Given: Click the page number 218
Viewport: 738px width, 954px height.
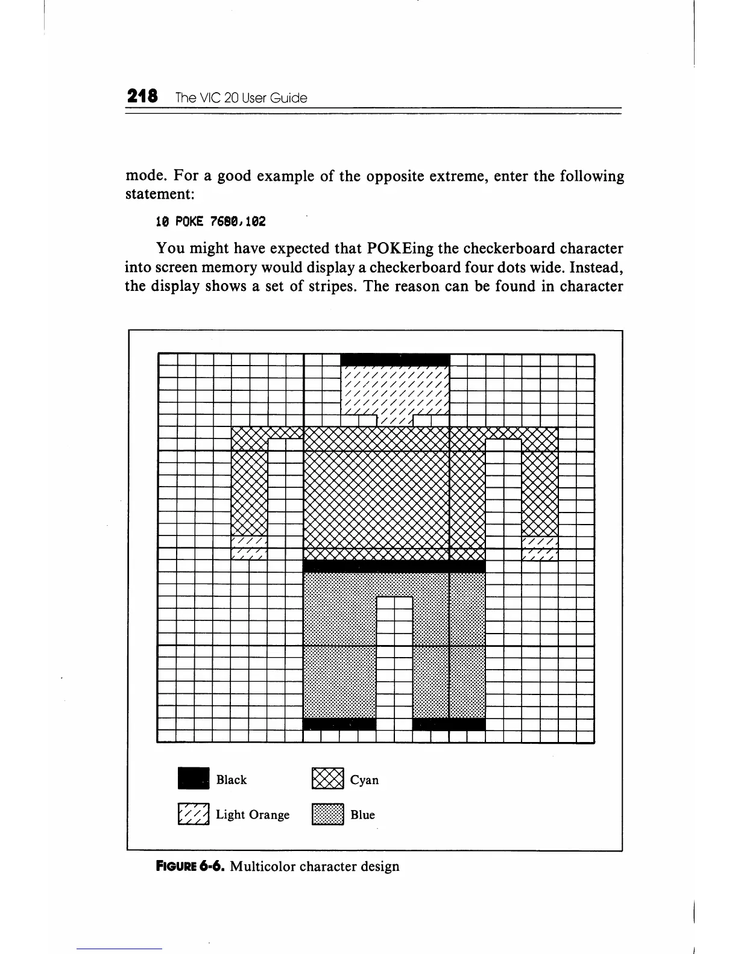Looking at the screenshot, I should click(x=142, y=96).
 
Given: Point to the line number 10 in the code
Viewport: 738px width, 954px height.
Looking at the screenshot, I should click(x=162, y=222).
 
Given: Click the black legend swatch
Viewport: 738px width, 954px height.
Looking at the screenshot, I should click(x=194, y=779).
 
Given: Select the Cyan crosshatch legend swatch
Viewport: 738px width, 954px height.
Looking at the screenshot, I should click(x=327, y=779).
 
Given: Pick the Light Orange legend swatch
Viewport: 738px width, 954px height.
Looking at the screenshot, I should click(x=194, y=814).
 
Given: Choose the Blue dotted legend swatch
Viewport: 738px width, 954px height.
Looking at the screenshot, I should click(x=327, y=814).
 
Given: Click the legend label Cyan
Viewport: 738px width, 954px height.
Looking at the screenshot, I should click(x=364, y=780).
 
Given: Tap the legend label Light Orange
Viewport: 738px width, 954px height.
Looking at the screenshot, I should click(x=253, y=815).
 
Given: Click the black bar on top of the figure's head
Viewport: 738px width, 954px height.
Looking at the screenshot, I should click(x=395, y=360).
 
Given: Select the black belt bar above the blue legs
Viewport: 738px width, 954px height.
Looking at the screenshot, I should click(x=394, y=566).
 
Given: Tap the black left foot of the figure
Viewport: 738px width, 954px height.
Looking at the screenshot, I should click(x=339, y=723).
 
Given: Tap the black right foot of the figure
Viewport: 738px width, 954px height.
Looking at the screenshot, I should click(x=449, y=723).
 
